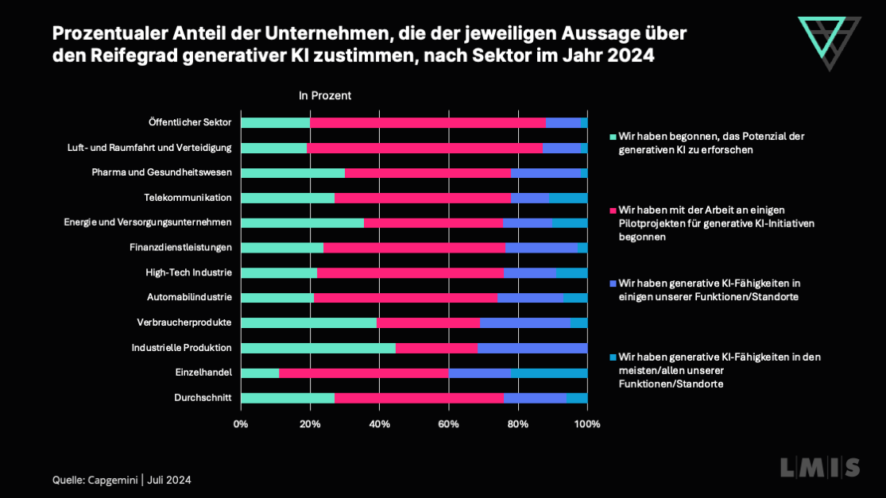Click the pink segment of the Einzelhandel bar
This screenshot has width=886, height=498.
tap(364, 373)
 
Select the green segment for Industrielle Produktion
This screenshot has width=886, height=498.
tap(318, 348)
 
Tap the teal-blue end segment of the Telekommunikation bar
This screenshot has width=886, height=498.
tap(568, 198)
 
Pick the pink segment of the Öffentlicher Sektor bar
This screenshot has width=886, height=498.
tap(428, 122)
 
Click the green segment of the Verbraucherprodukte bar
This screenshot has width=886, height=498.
tap(308, 322)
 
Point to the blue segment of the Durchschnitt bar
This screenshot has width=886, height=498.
tap(535, 398)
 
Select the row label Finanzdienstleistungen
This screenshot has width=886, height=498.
tap(180, 247)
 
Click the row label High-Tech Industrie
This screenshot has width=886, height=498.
tap(188, 272)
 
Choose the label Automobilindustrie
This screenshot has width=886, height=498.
tap(189, 297)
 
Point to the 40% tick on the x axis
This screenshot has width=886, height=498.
tap(379, 424)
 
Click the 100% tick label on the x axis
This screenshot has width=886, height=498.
tap(587, 424)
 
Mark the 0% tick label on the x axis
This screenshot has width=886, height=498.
tap(241, 424)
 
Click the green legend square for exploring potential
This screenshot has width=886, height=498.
tap(613, 137)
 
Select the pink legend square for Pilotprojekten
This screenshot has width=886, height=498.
tap(613, 210)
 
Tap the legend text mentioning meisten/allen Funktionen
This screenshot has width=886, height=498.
tap(718, 370)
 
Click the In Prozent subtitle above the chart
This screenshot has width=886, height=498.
tap(325, 95)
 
